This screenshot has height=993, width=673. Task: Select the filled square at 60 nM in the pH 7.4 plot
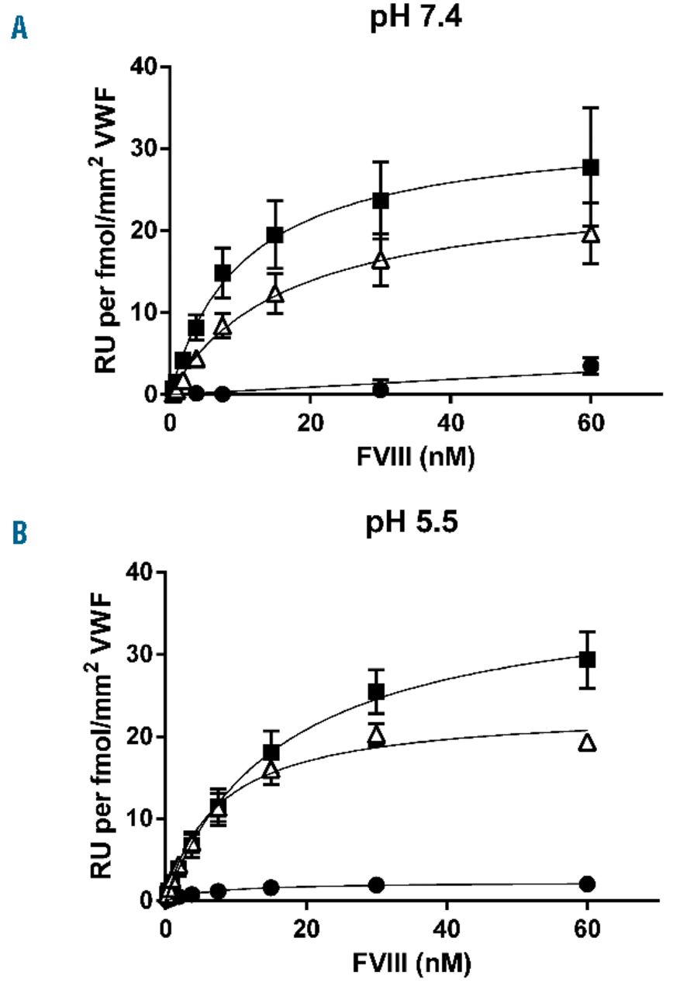point(591,167)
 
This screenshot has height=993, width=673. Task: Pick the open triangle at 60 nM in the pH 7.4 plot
point(591,234)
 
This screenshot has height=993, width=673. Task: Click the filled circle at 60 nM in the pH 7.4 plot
point(591,365)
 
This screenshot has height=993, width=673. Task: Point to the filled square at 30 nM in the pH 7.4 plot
point(381,200)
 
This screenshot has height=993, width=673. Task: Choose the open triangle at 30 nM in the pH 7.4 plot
point(381,260)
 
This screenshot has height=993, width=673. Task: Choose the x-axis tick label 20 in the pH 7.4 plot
point(310,423)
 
